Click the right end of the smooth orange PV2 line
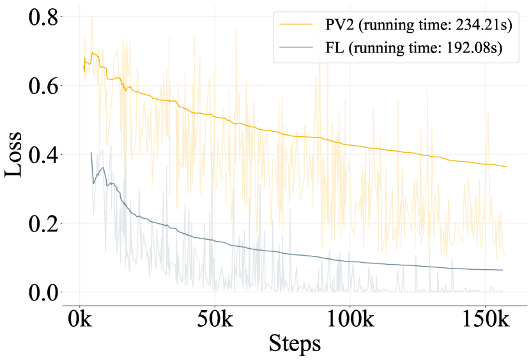click(505, 167)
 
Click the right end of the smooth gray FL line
click(502, 270)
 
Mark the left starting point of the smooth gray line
click(91, 152)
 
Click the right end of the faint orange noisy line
click(505, 255)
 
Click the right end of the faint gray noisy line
click(502, 291)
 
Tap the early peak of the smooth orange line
click(93, 53)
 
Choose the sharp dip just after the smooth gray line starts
click(93, 184)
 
